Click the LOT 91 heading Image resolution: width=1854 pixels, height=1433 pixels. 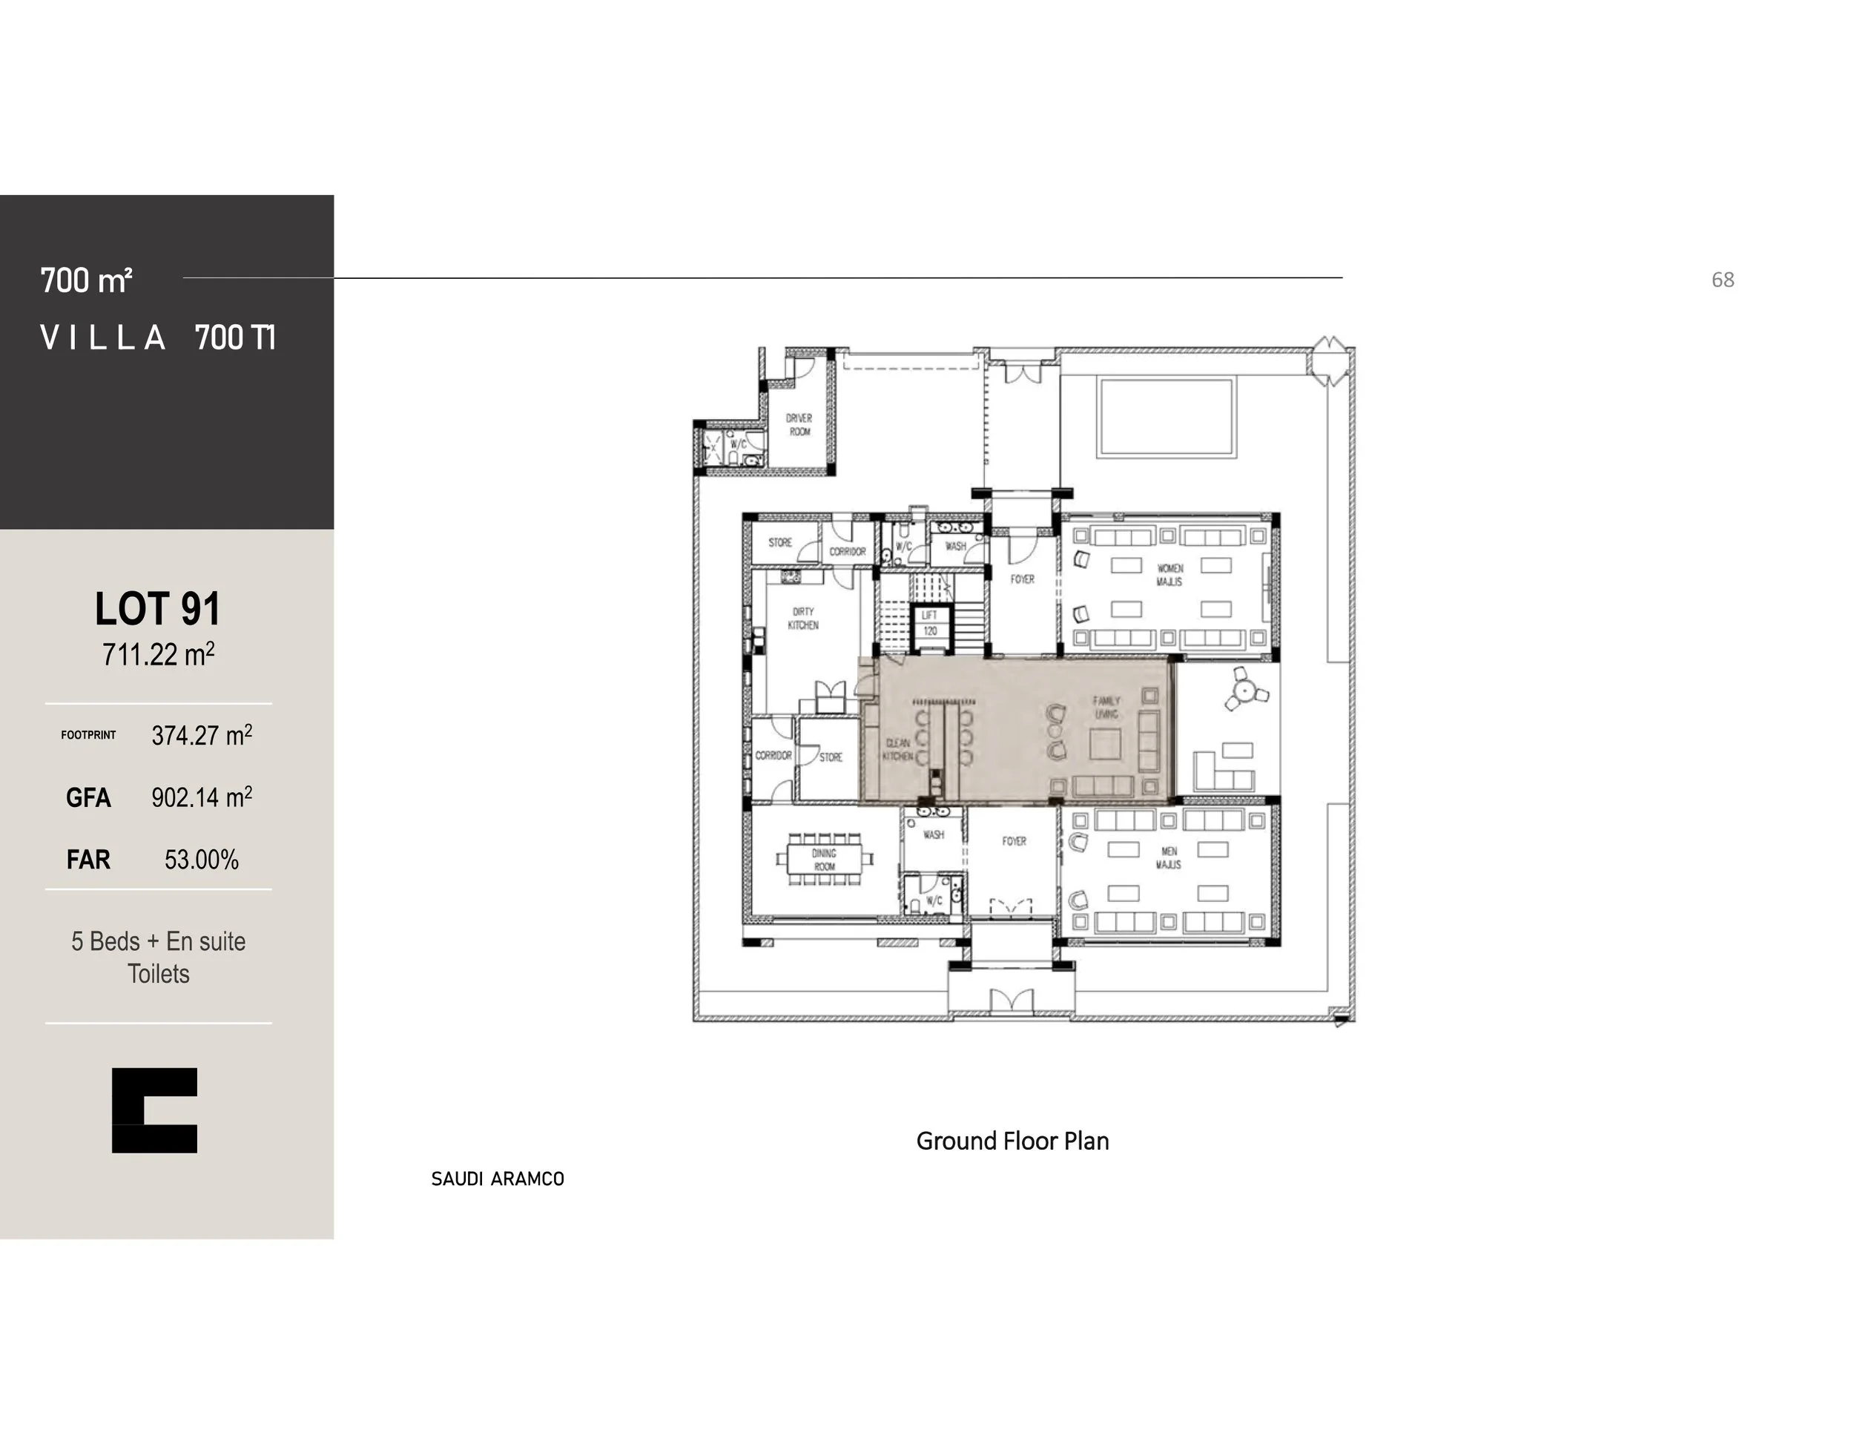tap(158, 609)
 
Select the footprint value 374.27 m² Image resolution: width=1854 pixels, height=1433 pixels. tap(201, 735)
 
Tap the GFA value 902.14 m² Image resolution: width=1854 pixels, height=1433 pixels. tap(201, 797)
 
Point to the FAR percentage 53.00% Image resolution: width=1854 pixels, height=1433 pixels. tap(201, 860)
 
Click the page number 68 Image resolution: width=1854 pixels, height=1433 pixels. tap(1723, 280)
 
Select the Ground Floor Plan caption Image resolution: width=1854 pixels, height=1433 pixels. tap(1012, 1141)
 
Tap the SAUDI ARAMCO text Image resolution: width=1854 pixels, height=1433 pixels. tap(498, 1179)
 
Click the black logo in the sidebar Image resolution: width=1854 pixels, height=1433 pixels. tap(154, 1110)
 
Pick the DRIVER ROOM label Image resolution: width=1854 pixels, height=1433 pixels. tap(799, 424)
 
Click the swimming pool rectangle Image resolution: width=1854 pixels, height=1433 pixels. tap(1166, 418)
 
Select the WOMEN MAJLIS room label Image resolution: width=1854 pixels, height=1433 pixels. tap(1169, 575)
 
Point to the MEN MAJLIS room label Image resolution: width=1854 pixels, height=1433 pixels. tap(1168, 857)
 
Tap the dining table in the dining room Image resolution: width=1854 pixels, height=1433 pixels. tap(824, 859)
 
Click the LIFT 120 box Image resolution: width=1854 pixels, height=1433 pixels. tap(929, 623)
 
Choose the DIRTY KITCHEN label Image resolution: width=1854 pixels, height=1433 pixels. tap(803, 618)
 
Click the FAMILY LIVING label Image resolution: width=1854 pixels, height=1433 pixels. tap(1106, 707)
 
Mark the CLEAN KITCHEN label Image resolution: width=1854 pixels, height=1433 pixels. tap(897, 750)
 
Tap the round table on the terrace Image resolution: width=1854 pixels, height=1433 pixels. tap(1244, 691)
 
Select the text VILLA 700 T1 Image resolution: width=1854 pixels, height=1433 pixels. tap(158, 338)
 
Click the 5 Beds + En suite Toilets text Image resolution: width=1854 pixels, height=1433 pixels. tap(158, 957)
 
